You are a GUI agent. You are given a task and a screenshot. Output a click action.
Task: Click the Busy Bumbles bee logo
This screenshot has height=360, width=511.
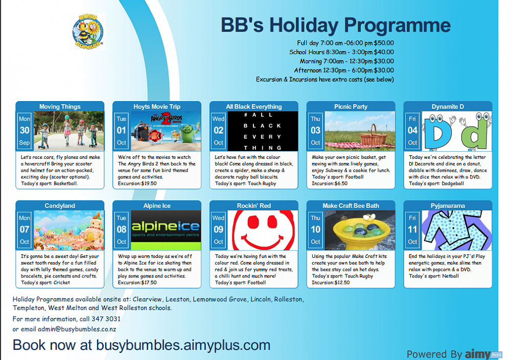click(x=88, y=32)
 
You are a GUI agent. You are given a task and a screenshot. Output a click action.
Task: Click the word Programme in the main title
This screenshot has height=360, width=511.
click(x=397, y=26)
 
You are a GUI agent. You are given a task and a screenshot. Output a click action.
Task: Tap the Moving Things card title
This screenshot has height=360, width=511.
click(x=60, y=107)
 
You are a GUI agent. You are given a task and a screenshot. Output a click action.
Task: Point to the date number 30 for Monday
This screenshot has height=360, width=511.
click(x=25, y=130)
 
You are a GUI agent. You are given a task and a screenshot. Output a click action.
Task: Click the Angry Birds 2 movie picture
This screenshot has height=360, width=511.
click(x=166, y=131)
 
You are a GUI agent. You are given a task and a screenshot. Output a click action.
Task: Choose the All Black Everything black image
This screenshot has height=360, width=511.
click(x=263, y=131)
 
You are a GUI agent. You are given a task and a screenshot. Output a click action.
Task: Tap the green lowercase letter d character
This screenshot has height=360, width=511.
click(x=475, y=131)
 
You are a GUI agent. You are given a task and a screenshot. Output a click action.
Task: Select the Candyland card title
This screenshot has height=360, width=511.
click(x=60, y=206)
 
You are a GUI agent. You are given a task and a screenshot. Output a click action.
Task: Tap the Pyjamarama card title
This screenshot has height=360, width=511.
click(x=448, y=206)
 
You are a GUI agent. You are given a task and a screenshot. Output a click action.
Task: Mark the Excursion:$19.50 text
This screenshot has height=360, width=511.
click(x=137, y=183)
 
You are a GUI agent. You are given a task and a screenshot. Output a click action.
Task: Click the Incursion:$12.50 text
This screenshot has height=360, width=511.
click(x=331, y=282)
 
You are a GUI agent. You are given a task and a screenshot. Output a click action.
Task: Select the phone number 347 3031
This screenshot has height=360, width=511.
click(x=106, y=319)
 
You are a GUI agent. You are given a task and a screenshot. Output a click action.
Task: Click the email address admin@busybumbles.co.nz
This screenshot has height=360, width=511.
click(x=77, y=329)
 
